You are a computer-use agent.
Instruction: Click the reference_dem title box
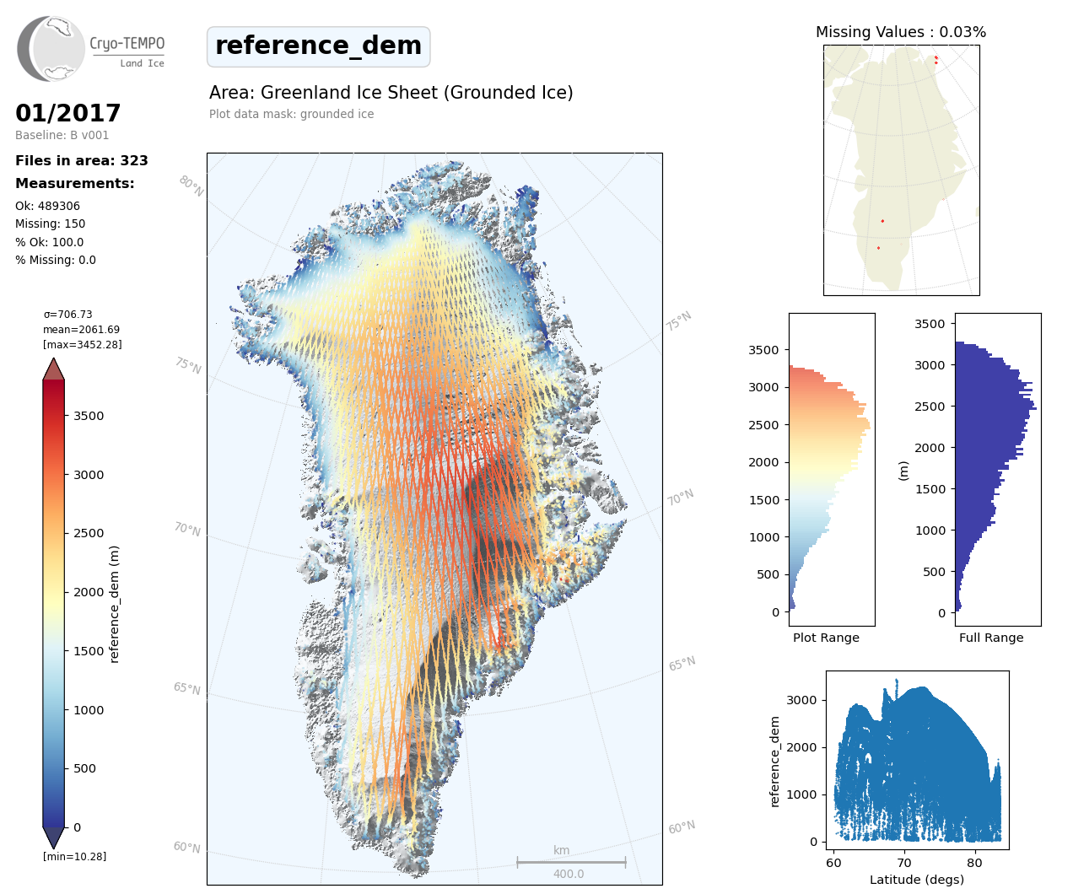318,46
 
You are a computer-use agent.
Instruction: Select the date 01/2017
68,113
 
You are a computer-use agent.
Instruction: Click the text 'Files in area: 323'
82,160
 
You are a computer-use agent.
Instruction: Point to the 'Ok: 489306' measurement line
47,206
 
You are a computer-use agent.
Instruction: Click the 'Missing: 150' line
50,223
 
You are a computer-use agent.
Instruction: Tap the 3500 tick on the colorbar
88,416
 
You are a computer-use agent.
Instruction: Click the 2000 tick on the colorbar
88,592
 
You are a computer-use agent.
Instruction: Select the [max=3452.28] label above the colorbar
83,345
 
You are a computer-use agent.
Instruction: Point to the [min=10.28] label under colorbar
74,857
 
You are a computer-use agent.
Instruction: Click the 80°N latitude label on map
191,186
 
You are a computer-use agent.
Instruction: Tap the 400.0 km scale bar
571,863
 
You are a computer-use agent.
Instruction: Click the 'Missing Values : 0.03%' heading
900,32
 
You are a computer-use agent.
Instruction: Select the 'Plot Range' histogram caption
826,638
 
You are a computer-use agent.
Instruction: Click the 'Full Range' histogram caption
991,638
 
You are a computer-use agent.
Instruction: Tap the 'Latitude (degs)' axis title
916,880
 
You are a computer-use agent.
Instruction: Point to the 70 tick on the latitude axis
904,863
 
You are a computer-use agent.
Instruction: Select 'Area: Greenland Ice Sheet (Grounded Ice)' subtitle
391,93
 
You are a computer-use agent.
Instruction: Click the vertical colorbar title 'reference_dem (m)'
115,604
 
